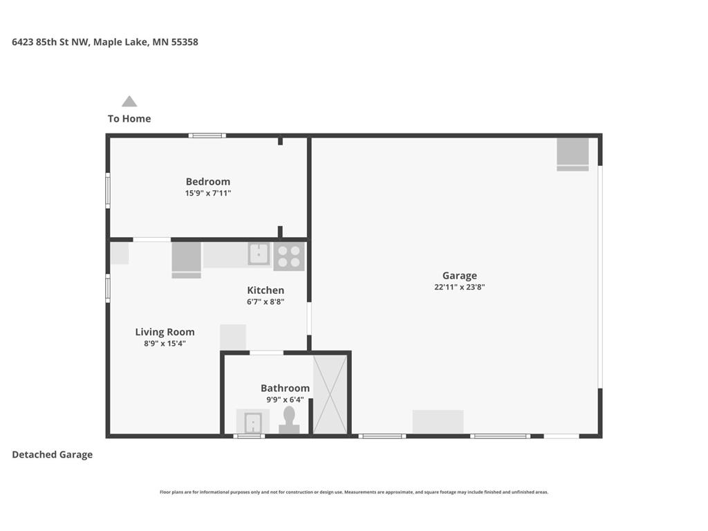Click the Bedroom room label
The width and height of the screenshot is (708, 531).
207,182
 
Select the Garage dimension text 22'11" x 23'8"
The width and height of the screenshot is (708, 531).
459,287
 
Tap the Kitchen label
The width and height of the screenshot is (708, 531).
265,290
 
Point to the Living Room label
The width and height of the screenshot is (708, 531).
165,332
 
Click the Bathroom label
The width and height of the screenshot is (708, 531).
285,388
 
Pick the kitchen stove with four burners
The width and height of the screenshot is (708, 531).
289,256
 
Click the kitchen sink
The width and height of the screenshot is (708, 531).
259,254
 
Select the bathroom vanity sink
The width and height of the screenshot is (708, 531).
253,422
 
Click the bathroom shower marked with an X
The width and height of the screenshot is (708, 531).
330,395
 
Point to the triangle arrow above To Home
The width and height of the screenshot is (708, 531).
129,102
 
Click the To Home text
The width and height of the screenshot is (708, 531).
129,118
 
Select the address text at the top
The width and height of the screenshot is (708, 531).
105,42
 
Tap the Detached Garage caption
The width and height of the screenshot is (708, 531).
53,454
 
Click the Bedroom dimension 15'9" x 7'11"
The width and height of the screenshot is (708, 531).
207,194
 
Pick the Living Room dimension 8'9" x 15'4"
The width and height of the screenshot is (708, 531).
165,343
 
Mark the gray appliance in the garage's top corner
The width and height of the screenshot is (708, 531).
572,153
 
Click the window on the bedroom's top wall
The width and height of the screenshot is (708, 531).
207,136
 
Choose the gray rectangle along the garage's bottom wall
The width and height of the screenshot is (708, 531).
438,422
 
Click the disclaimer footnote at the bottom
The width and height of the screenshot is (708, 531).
354,492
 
